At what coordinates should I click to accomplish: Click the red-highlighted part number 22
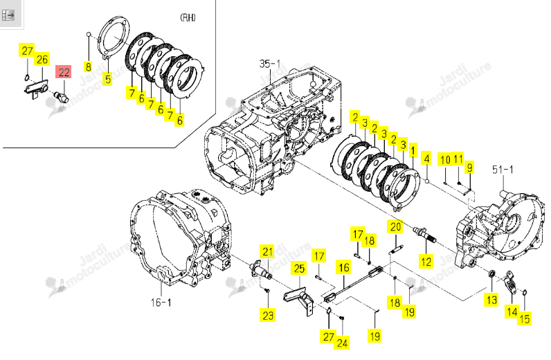[x=64, y=73]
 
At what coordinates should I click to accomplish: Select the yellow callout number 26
[x=42, y=59]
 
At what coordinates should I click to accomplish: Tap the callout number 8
[x=88, y=66]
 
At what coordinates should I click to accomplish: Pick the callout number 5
[x=108, y=78]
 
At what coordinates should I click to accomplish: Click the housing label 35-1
[x=269, y=64]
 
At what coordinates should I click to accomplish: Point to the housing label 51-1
[x=503, y=170]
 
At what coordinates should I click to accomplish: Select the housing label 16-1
[x=161, y=303]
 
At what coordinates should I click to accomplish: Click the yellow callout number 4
[x=426, y=159]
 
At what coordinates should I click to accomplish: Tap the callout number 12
[x=426, y=262]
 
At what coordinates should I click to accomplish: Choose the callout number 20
[x=396, y=227]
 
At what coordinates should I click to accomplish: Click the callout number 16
[x=343, y=267]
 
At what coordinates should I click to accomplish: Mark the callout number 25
[x=299, y=269]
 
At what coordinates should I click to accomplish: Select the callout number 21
[x=268, y=252]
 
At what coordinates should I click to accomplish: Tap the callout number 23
[x=268, y=315]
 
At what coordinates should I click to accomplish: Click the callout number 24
[x=342, y=343]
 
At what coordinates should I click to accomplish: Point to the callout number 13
[x=491, y=300]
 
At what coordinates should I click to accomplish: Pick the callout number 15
[x=524, y=319]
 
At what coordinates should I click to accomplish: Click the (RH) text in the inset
[x=188, y=17]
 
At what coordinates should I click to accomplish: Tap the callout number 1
[x=413, y=151]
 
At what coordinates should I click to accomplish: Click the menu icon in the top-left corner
[x=8, y=15]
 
